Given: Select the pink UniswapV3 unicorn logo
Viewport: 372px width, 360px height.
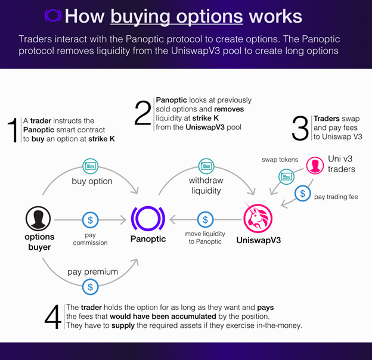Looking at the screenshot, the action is tap(257, 218).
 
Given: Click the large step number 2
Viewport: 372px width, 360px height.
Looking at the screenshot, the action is tap(142, 113).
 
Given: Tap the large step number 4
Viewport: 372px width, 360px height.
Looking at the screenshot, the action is tap(52, 317).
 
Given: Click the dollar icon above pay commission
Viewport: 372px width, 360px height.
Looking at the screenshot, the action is tap(91, 220).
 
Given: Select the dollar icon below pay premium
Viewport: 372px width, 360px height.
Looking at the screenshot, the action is tap(91, 287).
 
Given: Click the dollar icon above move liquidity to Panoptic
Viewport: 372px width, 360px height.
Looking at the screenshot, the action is tap(205, 220).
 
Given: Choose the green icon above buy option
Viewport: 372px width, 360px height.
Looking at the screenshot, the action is tap(91, 165).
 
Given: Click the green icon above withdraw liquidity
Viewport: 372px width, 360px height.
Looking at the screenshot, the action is tap(205, 165).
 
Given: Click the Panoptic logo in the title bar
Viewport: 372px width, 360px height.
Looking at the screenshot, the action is tap(53, 15).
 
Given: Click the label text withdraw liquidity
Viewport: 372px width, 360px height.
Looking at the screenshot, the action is tap(205, 185).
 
